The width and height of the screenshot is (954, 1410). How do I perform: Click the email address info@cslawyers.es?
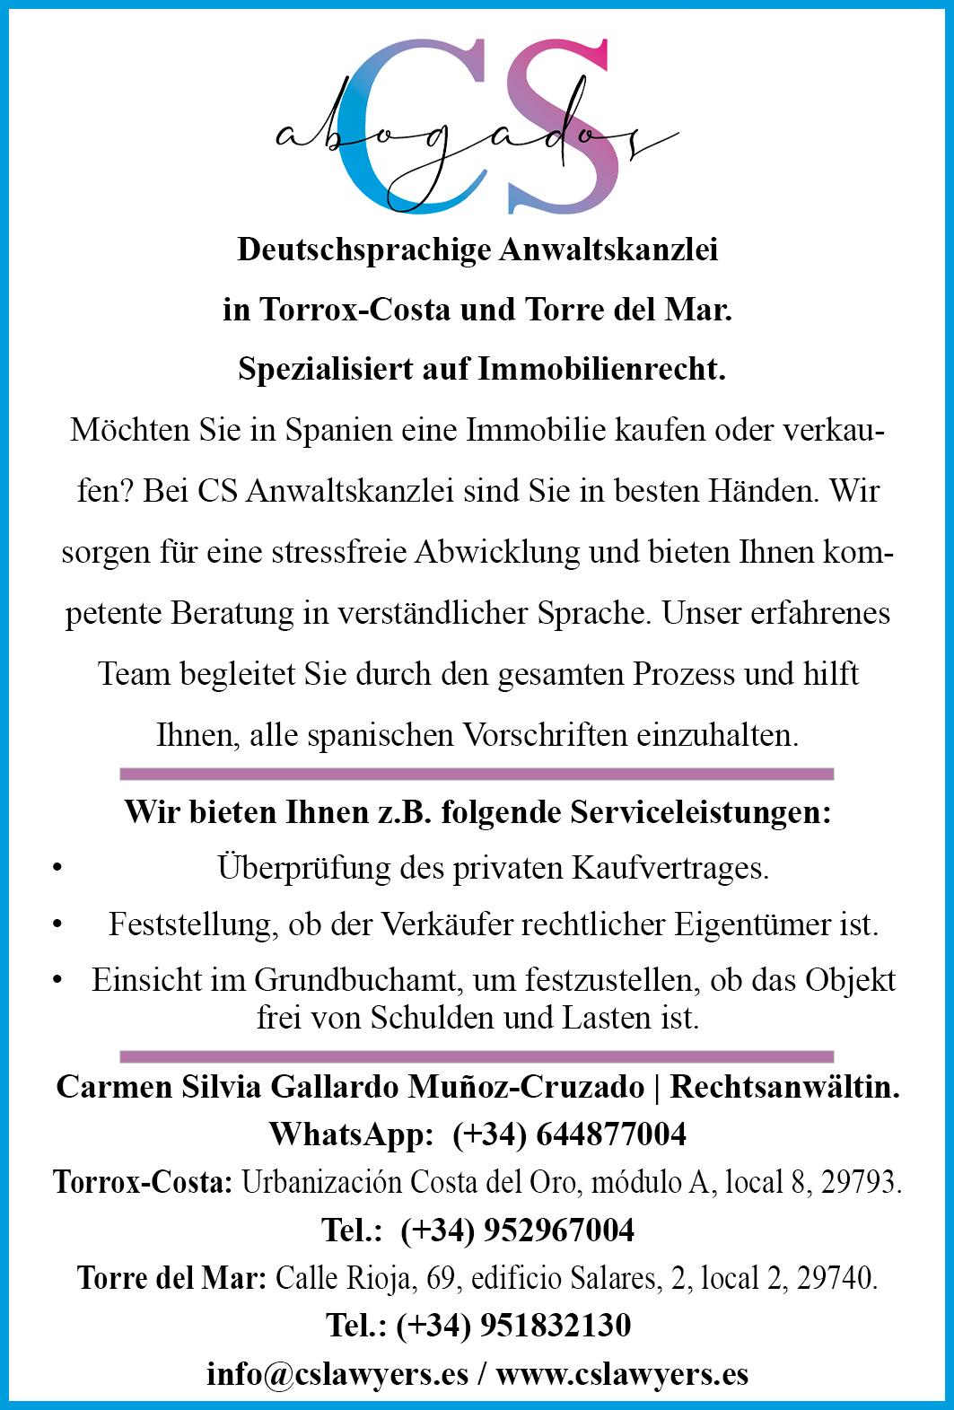(x=337, y=1374)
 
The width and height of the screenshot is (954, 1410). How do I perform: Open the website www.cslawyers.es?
(x=622, y=1374)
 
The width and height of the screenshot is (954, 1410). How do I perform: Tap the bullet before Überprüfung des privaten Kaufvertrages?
(x=57, y=869)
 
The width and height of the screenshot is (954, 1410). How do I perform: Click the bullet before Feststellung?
(x=57, y=924)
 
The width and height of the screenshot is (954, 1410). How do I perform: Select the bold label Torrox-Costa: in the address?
(x=144, y=1183)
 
